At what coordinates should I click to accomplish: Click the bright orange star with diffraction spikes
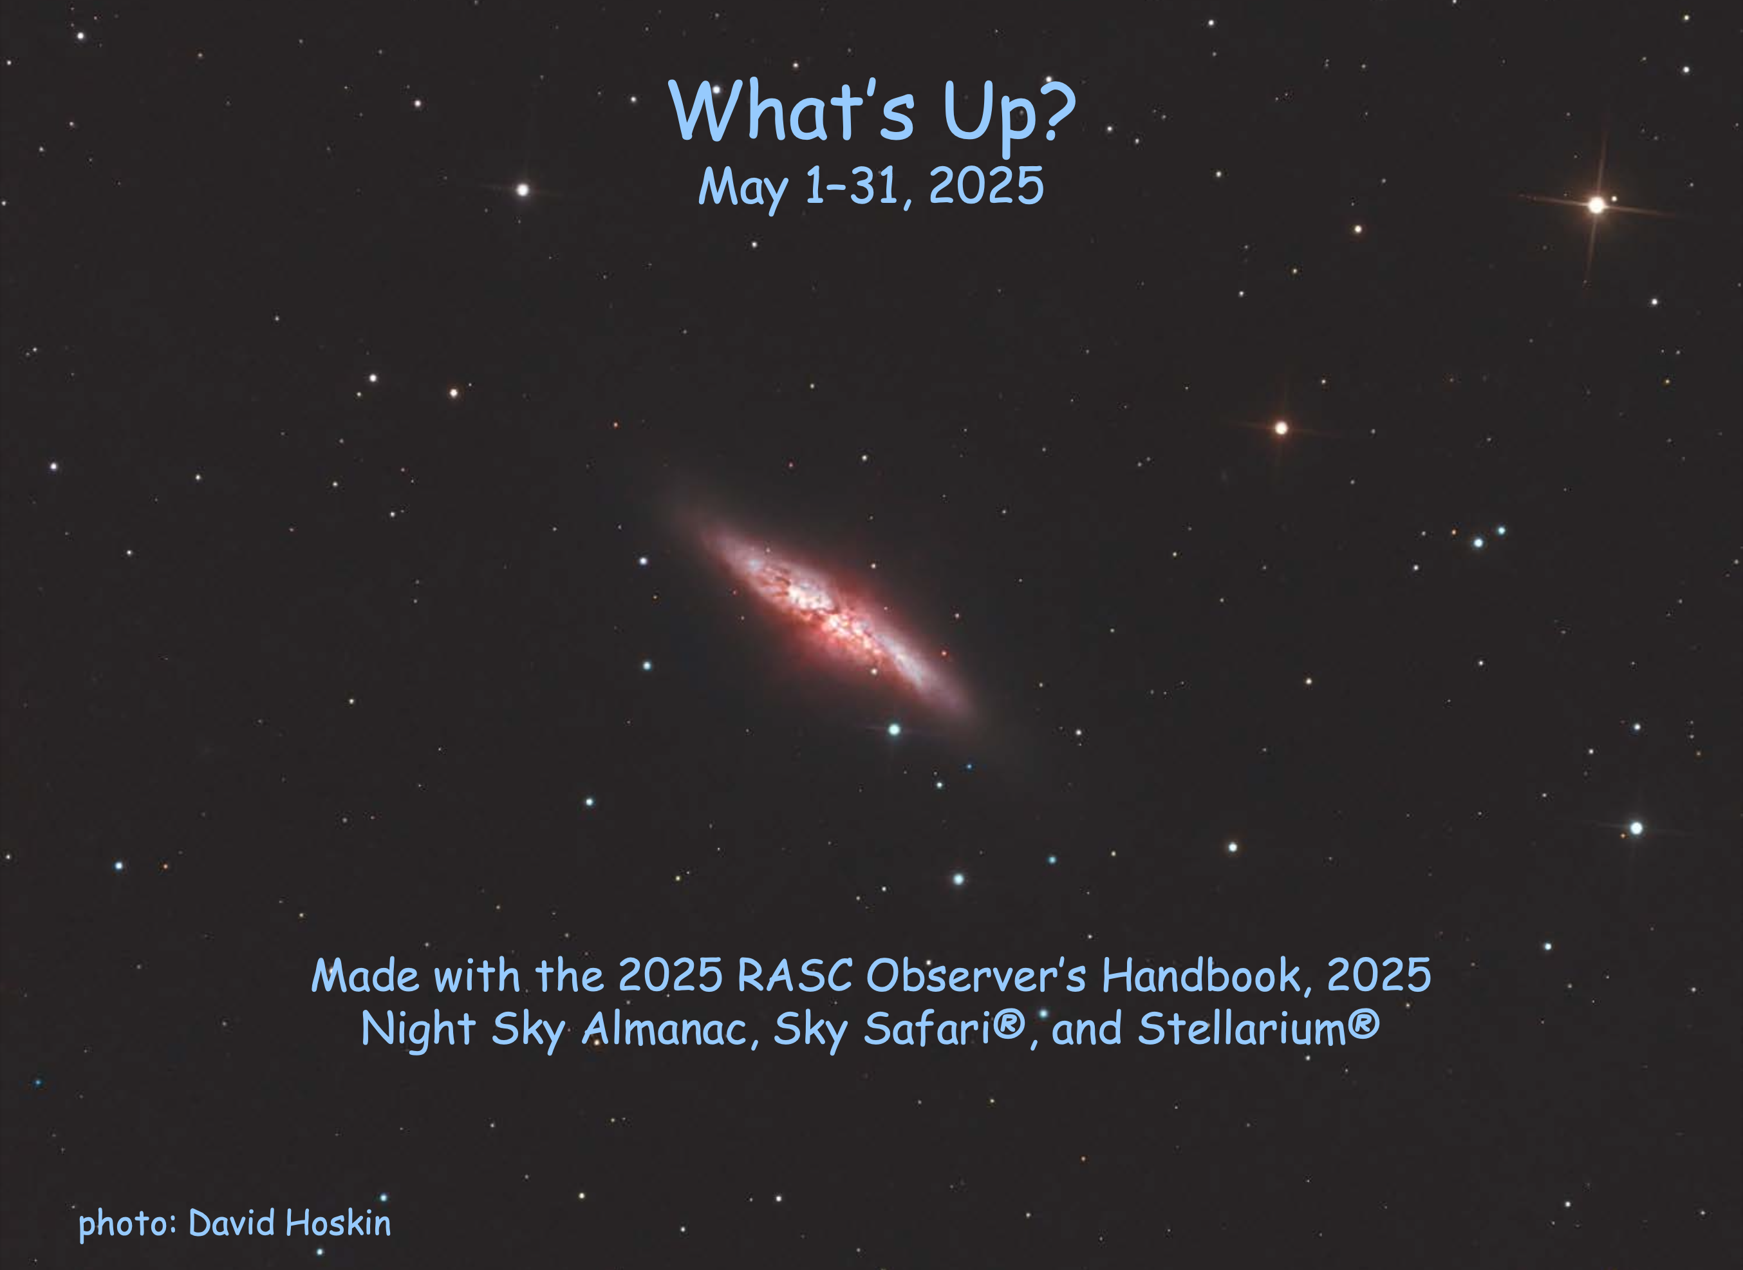1597,205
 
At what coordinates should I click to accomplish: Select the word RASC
795,976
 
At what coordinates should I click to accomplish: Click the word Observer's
976,976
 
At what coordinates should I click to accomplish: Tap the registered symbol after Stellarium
1364,1024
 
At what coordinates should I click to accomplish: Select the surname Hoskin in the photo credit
338,1222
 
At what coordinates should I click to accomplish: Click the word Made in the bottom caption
365,976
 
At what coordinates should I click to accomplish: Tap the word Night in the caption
419,1030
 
